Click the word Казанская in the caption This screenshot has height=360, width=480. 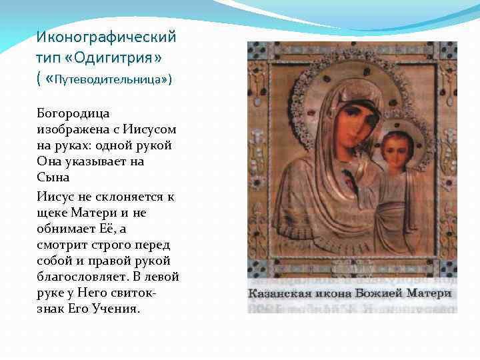[281, 294]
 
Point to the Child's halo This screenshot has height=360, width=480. [417, 133]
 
